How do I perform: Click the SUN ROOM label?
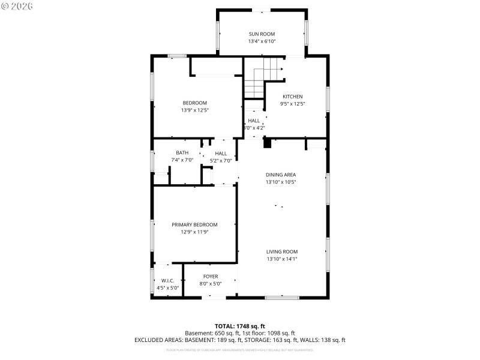[x=262, y=34]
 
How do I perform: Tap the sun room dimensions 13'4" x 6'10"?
[x=262, y=41]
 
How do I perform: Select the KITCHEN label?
[x=293, y=97]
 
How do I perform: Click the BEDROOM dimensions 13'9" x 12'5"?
[x=194, y=110]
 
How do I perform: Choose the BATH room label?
[x=182, y=152]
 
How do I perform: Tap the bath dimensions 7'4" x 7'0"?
[x=182, y=160]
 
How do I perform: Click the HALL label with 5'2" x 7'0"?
[x=221, y=153]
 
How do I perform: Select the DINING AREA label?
[x=281, y=175]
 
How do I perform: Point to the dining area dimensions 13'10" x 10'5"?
[x=281, y=182]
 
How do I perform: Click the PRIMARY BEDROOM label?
[x=194, y=224]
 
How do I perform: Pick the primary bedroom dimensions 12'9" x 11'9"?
[x=194, y=232]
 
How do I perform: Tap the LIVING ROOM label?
[x=282, y=251]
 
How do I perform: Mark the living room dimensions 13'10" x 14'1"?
[x=282, y=259]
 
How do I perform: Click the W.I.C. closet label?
[x=167, y=280]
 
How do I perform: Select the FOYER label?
[x=211, y=276]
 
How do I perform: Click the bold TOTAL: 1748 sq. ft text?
[x=239, y=326]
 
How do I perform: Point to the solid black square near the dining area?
[x=268, y=143]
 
